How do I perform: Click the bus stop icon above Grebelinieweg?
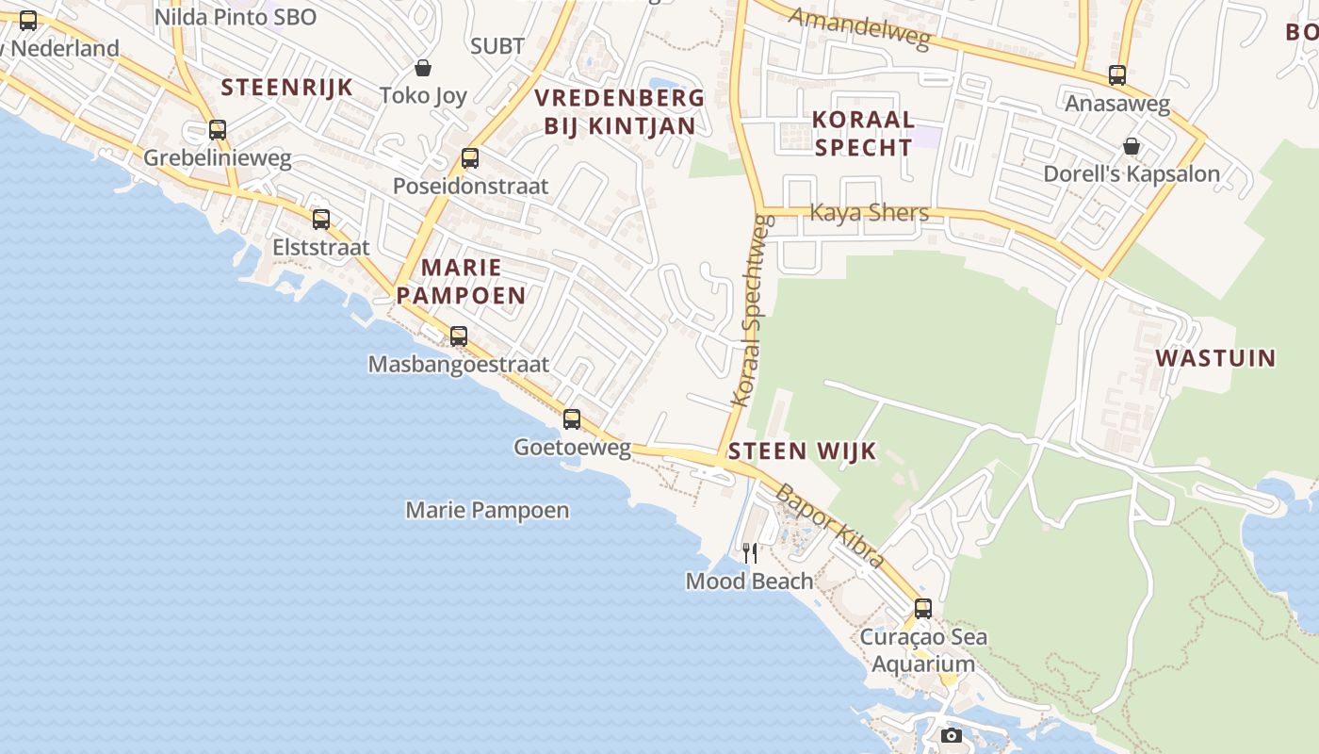point(218,130)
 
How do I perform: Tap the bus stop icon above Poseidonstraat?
point(470,158)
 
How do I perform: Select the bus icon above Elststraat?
point(321,220)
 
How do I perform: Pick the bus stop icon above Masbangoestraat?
point(459,336)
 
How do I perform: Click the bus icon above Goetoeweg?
point(572,419)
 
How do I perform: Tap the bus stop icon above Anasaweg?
point(1117,75)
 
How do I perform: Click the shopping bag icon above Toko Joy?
point(423,68)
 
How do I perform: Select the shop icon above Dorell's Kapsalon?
point(1131,146)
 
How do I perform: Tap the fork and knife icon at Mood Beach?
point(750,552)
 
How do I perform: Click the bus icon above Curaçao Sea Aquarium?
point(923,609)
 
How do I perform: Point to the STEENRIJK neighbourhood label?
point(286,88)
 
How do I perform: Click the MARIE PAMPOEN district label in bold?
point(461,281)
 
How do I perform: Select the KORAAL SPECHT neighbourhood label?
point(864,133)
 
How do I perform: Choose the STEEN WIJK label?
point(802,451)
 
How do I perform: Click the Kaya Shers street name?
point(869,213)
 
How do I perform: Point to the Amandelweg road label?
point(859,28)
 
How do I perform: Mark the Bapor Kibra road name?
point(829,525)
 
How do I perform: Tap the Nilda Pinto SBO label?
point(235,17)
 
